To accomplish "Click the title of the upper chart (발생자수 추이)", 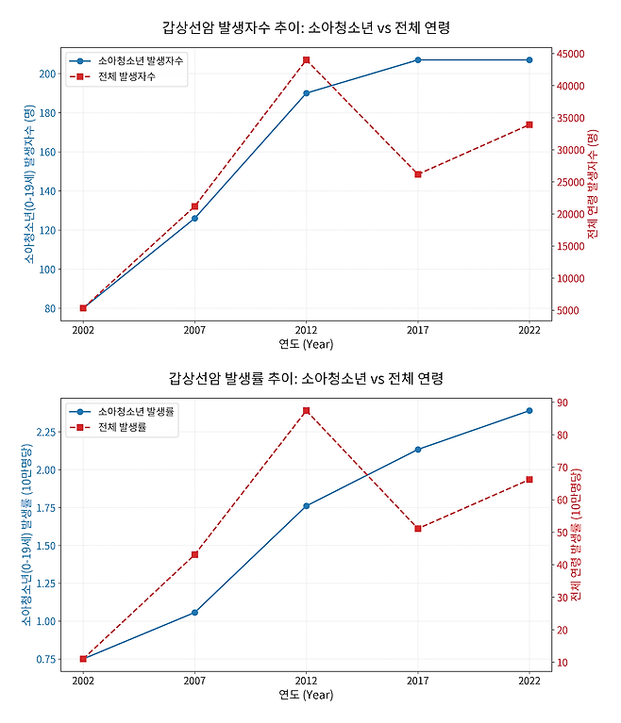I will pos(306,27).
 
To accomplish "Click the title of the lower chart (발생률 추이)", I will pos(306,378).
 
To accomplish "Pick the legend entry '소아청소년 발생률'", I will pos(136,412).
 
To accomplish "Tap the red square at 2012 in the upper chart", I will pos(306,60).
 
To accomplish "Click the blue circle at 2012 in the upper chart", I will pos(306,93).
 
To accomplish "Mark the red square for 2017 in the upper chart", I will pos(417,174).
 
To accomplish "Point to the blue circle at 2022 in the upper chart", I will pos(529,60).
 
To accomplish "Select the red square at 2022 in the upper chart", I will pos(529,124).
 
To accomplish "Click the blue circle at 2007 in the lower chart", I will pos(194,612).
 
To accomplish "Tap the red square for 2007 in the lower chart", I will pos(194,554).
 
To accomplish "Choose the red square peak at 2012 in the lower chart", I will pos(306,411).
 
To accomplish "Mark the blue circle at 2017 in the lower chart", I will pos(417,450).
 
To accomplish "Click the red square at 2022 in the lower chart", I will pos(529,480).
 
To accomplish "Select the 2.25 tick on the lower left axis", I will pos(43,432).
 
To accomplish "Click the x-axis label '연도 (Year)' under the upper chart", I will pos(306,344).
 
